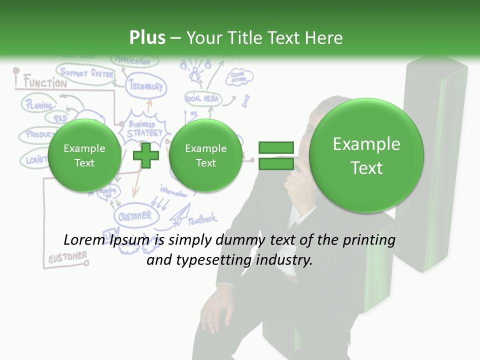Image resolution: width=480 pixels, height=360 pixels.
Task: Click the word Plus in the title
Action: click(147, 38)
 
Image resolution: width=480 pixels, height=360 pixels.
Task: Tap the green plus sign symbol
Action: click(146, 155)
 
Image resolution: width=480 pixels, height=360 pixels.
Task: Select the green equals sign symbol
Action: click(276, 155)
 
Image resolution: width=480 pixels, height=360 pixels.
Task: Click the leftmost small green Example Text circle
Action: click(84, 155)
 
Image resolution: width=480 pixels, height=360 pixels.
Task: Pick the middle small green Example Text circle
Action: click(205, 155)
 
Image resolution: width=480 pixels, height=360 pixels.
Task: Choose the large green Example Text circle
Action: click(366, 155)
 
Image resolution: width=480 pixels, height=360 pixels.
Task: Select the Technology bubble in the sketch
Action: click(146, 86)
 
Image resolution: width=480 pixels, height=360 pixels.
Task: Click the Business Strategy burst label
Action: click(144, 128)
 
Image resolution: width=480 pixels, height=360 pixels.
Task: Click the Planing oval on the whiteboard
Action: click(38, 105)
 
